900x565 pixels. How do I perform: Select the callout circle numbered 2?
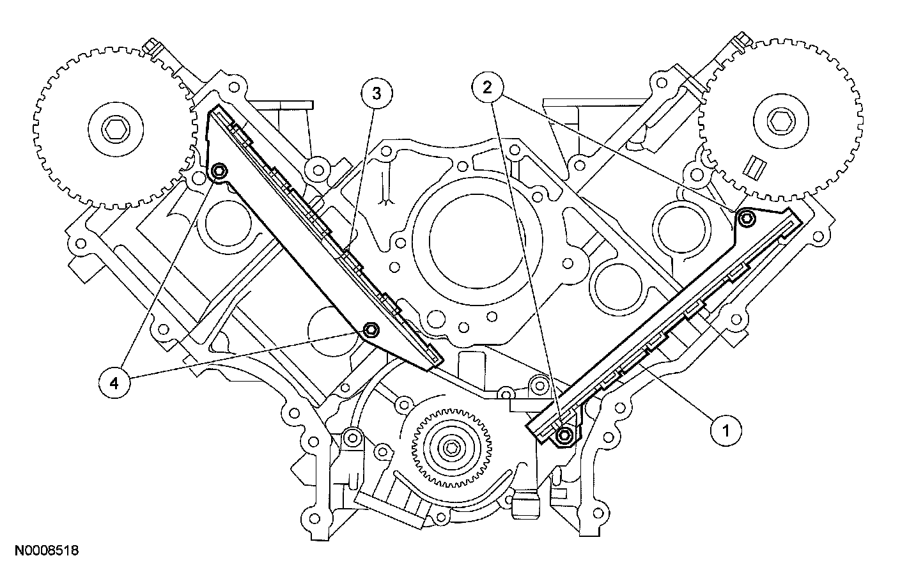pyautogui.click(x=488, y=88)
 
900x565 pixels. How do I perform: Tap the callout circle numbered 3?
pyautogui.click(x=376, y=93)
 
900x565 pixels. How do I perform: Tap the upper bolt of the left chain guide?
pyautogui.click(x=219, y=171)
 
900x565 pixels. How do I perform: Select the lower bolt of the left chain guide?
pyautogui.click(x=370, y=330)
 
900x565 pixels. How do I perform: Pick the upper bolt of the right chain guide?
pyautogui.click(x=747, y=219)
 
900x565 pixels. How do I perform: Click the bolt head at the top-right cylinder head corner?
pyautogui.click(x=743, y=45)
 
